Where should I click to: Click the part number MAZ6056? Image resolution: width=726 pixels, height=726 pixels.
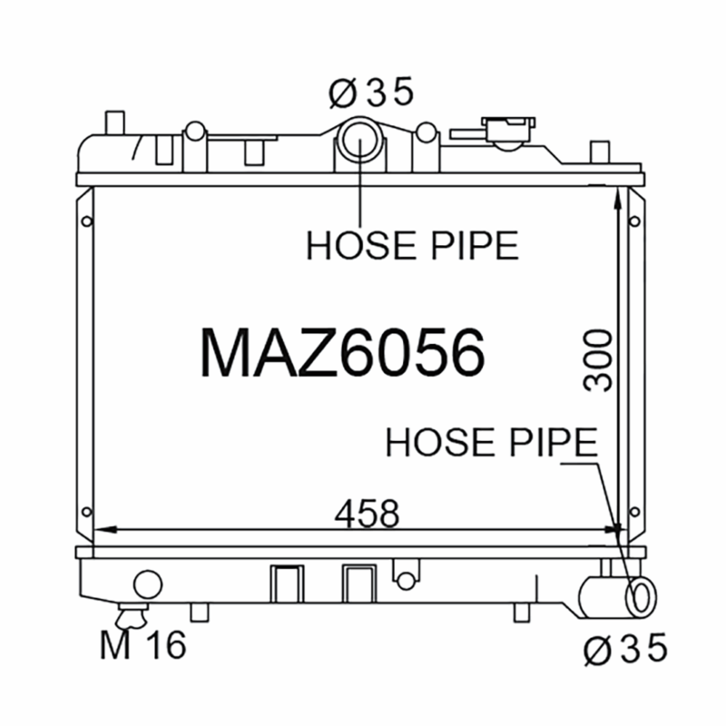[x=343, y=352]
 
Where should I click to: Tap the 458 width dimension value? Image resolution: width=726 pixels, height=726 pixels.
[x=367, y=514]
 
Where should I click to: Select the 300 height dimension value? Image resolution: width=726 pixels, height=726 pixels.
[x=597, y=360]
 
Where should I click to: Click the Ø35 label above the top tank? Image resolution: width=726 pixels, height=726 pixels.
[x=370, y=93]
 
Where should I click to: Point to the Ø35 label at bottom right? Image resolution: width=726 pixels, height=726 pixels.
[x=625, y=649]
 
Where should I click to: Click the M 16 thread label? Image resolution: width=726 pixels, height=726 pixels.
[x=143, y=644]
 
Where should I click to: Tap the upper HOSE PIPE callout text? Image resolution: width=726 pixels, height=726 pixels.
[x=413, y=245]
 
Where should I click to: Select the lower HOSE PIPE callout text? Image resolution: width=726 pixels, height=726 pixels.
[x=491, y=443]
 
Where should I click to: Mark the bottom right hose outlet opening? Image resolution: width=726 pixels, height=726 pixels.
[x=641, y=597]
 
